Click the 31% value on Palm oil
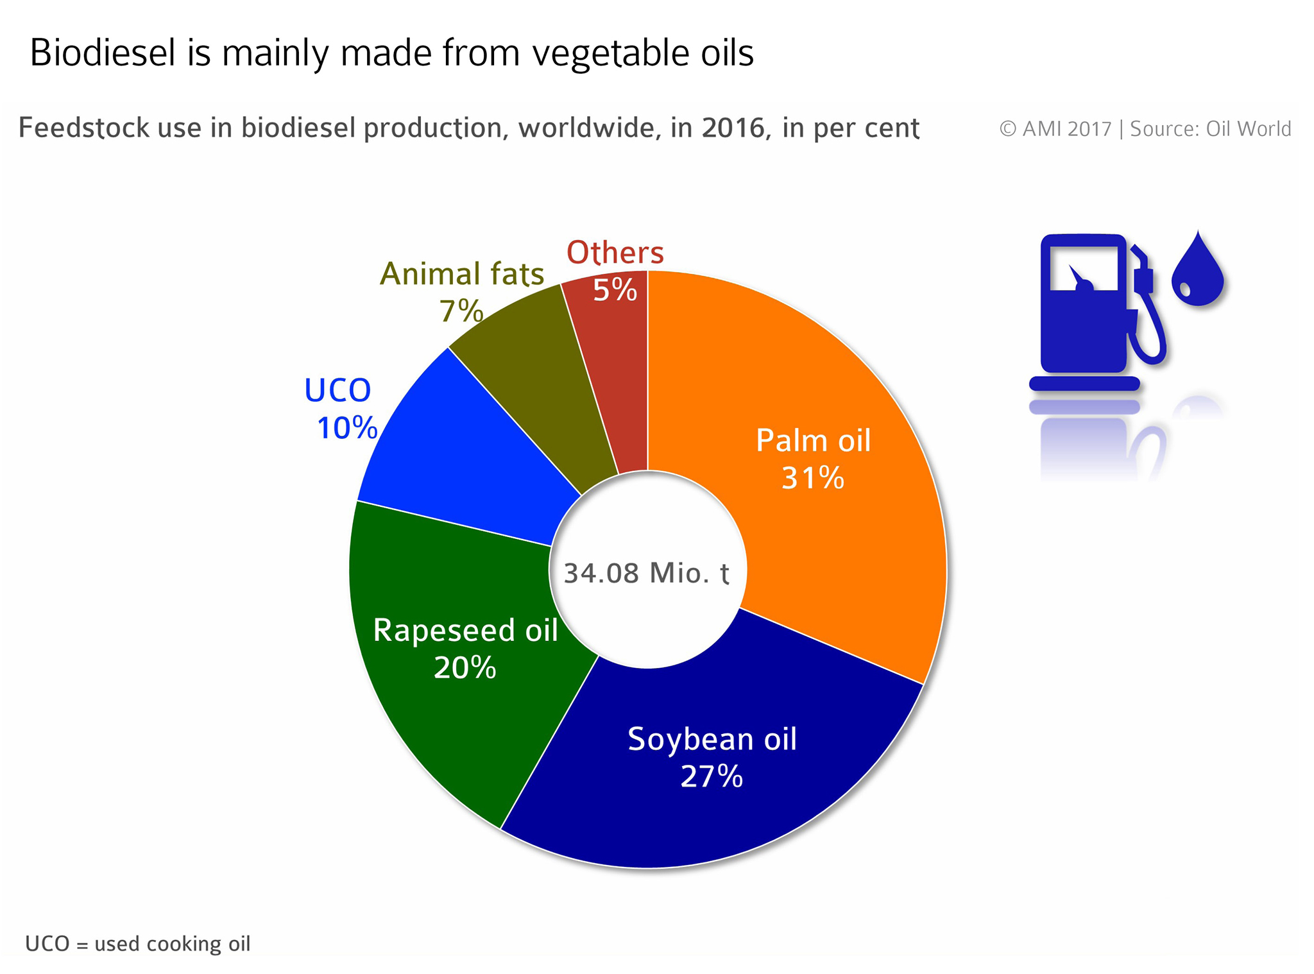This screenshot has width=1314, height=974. (812, 478)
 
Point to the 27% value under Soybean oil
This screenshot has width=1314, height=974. (712, 776)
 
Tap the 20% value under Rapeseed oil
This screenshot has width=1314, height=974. (465, 668)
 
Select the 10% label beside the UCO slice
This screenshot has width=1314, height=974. (346, 428)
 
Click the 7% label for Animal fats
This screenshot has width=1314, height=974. (461, 312)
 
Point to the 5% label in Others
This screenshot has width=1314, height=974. (615, 290)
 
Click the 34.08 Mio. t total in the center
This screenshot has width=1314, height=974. (647, 573)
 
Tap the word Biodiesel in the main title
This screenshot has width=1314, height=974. (103, 52)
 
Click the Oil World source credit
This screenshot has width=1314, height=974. (1249, 129)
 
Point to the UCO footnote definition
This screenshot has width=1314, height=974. (137, 944)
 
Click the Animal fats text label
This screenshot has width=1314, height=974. (462, 274)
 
